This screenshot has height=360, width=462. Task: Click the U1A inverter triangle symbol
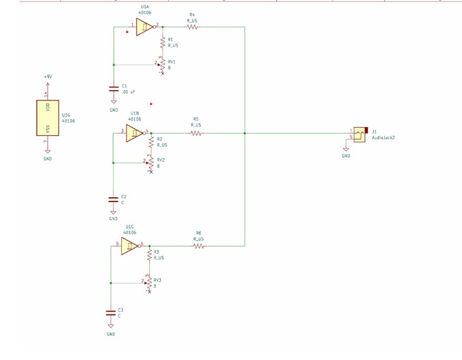point(144,27)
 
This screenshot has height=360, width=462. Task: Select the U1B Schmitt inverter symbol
point(134,133)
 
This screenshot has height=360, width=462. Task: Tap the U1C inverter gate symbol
point(130,246)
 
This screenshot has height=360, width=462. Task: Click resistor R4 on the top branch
point(191,27)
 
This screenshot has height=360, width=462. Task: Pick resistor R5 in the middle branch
point(196,133)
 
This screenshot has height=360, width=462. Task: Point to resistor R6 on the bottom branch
point(198,246)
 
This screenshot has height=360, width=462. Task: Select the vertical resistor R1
point(163,43)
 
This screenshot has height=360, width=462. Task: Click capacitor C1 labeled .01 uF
point(113,88)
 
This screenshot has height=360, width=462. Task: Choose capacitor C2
point(113,199)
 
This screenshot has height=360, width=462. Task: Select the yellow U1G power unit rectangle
point(47,118)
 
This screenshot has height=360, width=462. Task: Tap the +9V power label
point(47,77)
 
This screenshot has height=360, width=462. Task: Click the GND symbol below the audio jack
point(345,151)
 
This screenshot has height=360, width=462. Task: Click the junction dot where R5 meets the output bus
point(245,133)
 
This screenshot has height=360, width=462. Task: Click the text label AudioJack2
point(383,137)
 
